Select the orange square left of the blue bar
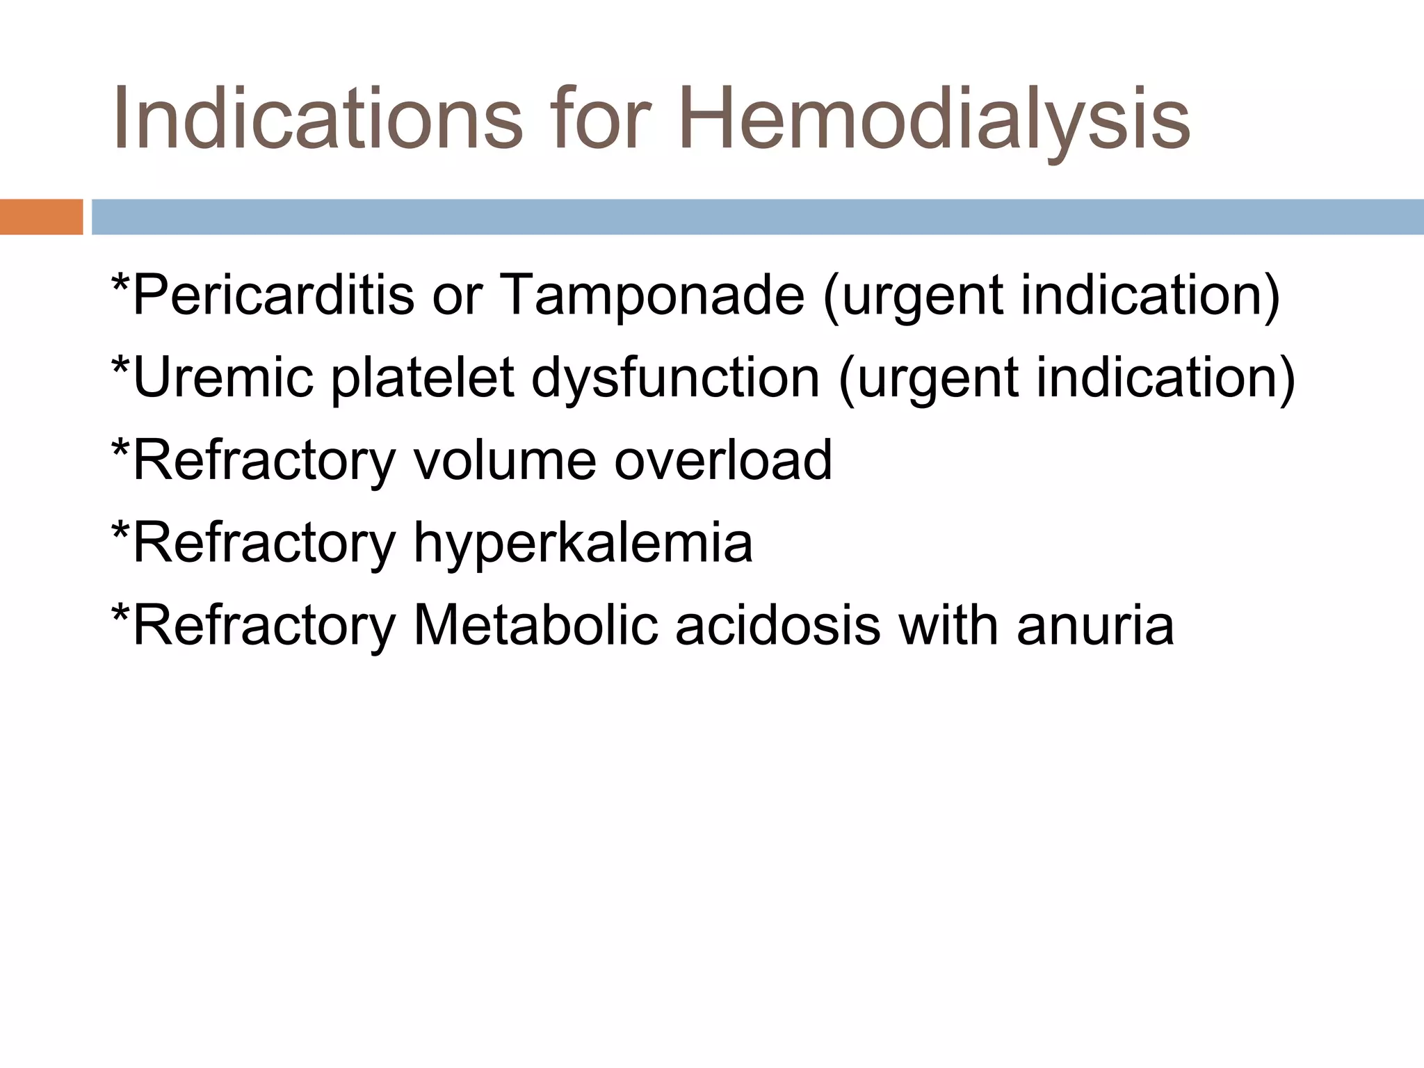(x=41, y=217)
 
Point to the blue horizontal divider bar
(x=757, y=217)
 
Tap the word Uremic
(x=222, y=378)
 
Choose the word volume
(x=505, y=460)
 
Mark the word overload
(x=723, y=460)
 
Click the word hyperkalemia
(x=583, y=544)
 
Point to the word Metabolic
(x=535, y=625)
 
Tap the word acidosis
(x=778, y=625)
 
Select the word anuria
(x=1095, y=625)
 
